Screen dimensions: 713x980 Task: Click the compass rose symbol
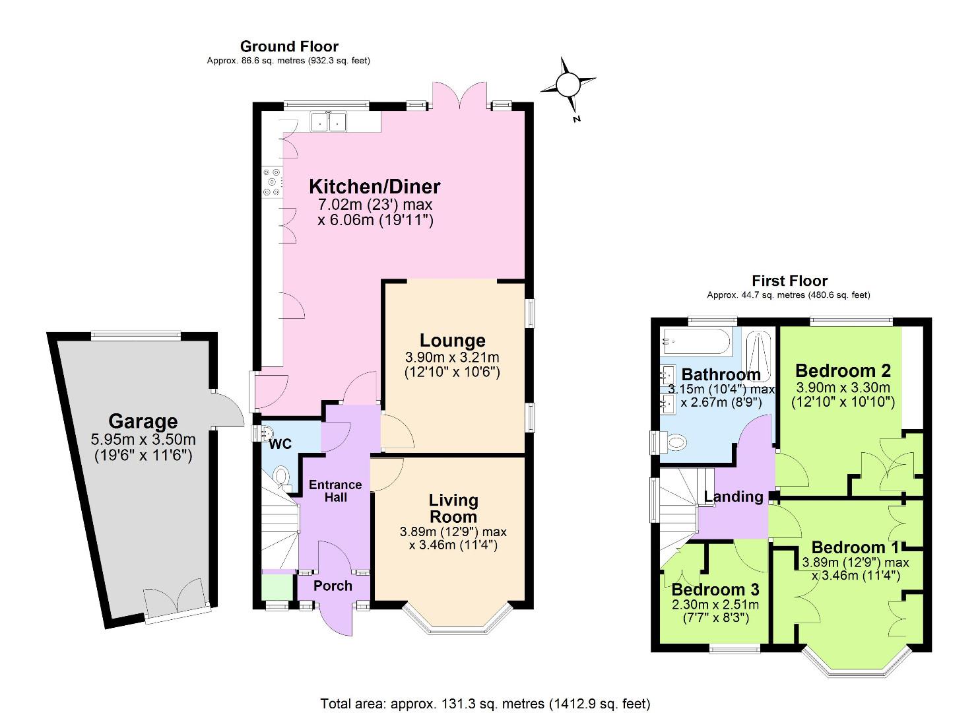pos(568,85)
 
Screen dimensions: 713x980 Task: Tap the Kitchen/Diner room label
pos(375,186)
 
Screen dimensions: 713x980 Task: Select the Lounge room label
pos(453,341)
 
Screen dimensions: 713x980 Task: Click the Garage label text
pos(143,421)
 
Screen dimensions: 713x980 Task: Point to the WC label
pos(280,444)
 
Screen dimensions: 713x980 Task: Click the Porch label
pos(333,586)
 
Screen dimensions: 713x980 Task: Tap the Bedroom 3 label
pos(715,589)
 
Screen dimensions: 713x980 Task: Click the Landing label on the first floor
pos(733,496)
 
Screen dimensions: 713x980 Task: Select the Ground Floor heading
pos(289,46)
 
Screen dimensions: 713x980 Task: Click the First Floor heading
pos(789,281)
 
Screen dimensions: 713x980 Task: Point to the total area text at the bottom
pos(486,702)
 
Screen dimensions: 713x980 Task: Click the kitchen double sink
pos(328,121)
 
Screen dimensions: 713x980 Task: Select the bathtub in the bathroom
pos(696,343)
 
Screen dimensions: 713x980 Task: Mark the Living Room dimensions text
pos(453,539)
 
